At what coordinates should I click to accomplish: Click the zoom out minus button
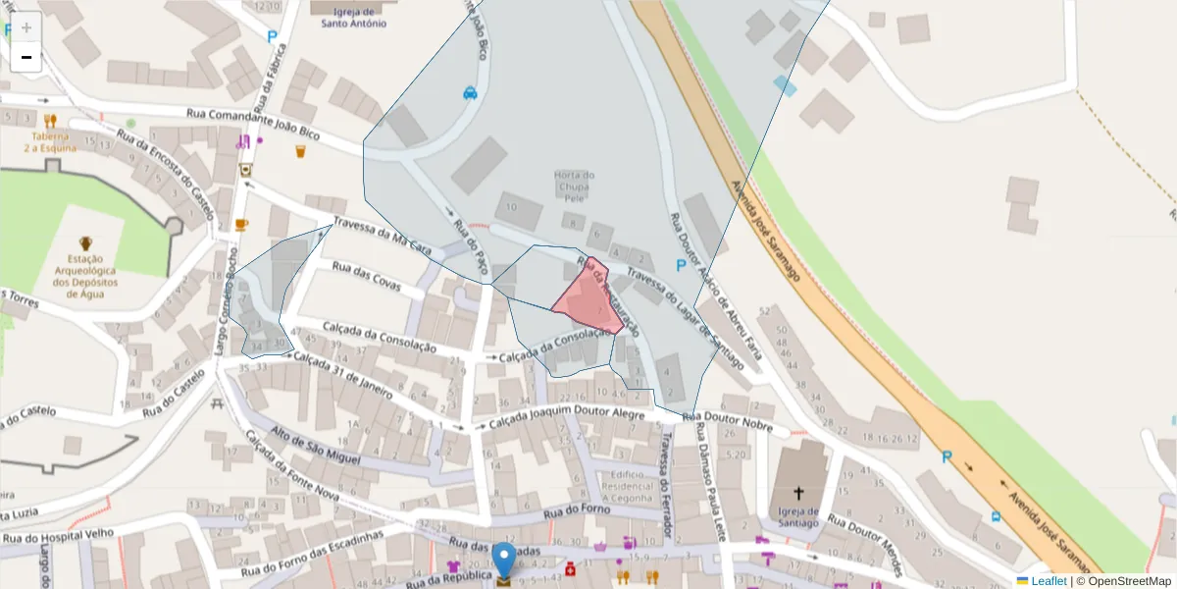[26, 57]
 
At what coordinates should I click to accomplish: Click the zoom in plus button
[26, 27]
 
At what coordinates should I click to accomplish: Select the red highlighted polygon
[587, 300]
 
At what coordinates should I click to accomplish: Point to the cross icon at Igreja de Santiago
[798, 493]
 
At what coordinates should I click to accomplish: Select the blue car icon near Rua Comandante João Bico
[470, 94]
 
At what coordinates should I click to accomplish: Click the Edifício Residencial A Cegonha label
[628, 486]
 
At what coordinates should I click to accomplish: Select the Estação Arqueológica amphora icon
[85, 242]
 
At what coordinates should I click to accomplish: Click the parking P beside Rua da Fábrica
[272, 37]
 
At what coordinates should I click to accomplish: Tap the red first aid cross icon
[570, 568]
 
